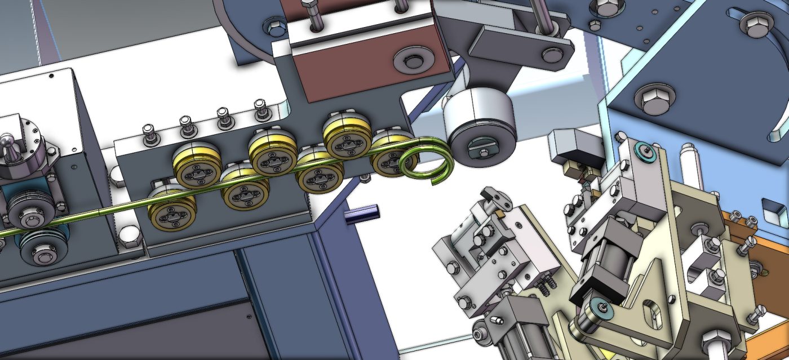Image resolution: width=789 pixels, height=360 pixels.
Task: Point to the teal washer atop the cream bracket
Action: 644,150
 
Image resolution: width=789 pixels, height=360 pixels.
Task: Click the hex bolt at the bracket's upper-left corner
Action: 274,26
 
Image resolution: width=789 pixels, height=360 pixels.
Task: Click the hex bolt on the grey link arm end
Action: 549,55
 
